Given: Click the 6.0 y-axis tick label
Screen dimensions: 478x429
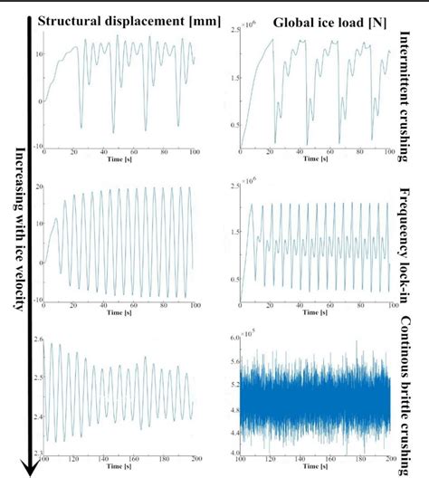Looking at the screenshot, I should [x=234, y=337].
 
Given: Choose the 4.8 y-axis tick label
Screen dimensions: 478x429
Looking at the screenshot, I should [x=234, y=407].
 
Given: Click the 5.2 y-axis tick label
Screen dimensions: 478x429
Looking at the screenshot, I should [x=234, y=384].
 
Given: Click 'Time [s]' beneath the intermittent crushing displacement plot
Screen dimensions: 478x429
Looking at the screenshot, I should [x=119, y=160].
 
